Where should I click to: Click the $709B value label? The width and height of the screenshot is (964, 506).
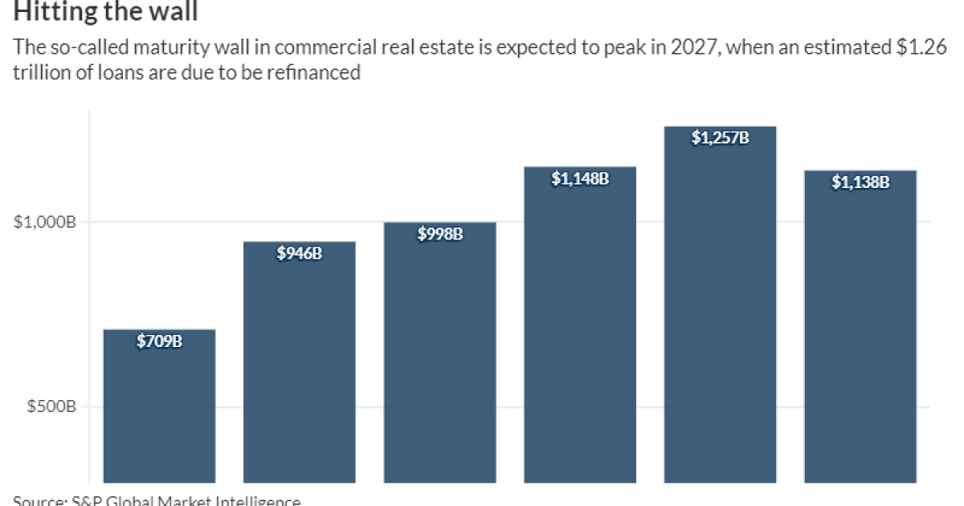[159, 342]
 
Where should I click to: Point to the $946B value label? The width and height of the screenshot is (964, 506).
[299, 254]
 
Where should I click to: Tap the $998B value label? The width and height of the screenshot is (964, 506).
[439, 235]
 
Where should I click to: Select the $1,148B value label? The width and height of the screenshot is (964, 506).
[579, 179]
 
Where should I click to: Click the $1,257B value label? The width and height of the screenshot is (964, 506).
[720, 138]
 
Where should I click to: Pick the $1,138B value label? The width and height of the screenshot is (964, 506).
[860, 182]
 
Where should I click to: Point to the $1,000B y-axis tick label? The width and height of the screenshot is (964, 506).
[45, 222]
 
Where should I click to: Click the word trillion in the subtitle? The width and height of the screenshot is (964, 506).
[38, 73]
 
